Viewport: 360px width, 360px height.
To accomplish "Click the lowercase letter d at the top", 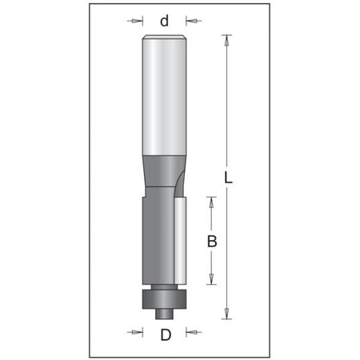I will click(165, 21).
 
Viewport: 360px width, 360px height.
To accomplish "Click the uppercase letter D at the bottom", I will click(165, 335).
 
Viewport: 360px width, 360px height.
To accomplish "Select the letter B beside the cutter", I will click(212, 239).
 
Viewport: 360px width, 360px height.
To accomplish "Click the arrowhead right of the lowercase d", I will click(191, 21).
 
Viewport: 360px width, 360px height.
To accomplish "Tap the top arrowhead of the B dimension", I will click(212, 200).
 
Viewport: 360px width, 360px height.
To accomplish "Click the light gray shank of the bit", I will click(165, 96).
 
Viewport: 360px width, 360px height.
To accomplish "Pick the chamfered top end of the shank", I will click(165, 37).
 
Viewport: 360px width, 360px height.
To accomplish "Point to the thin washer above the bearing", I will click(165, 285).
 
